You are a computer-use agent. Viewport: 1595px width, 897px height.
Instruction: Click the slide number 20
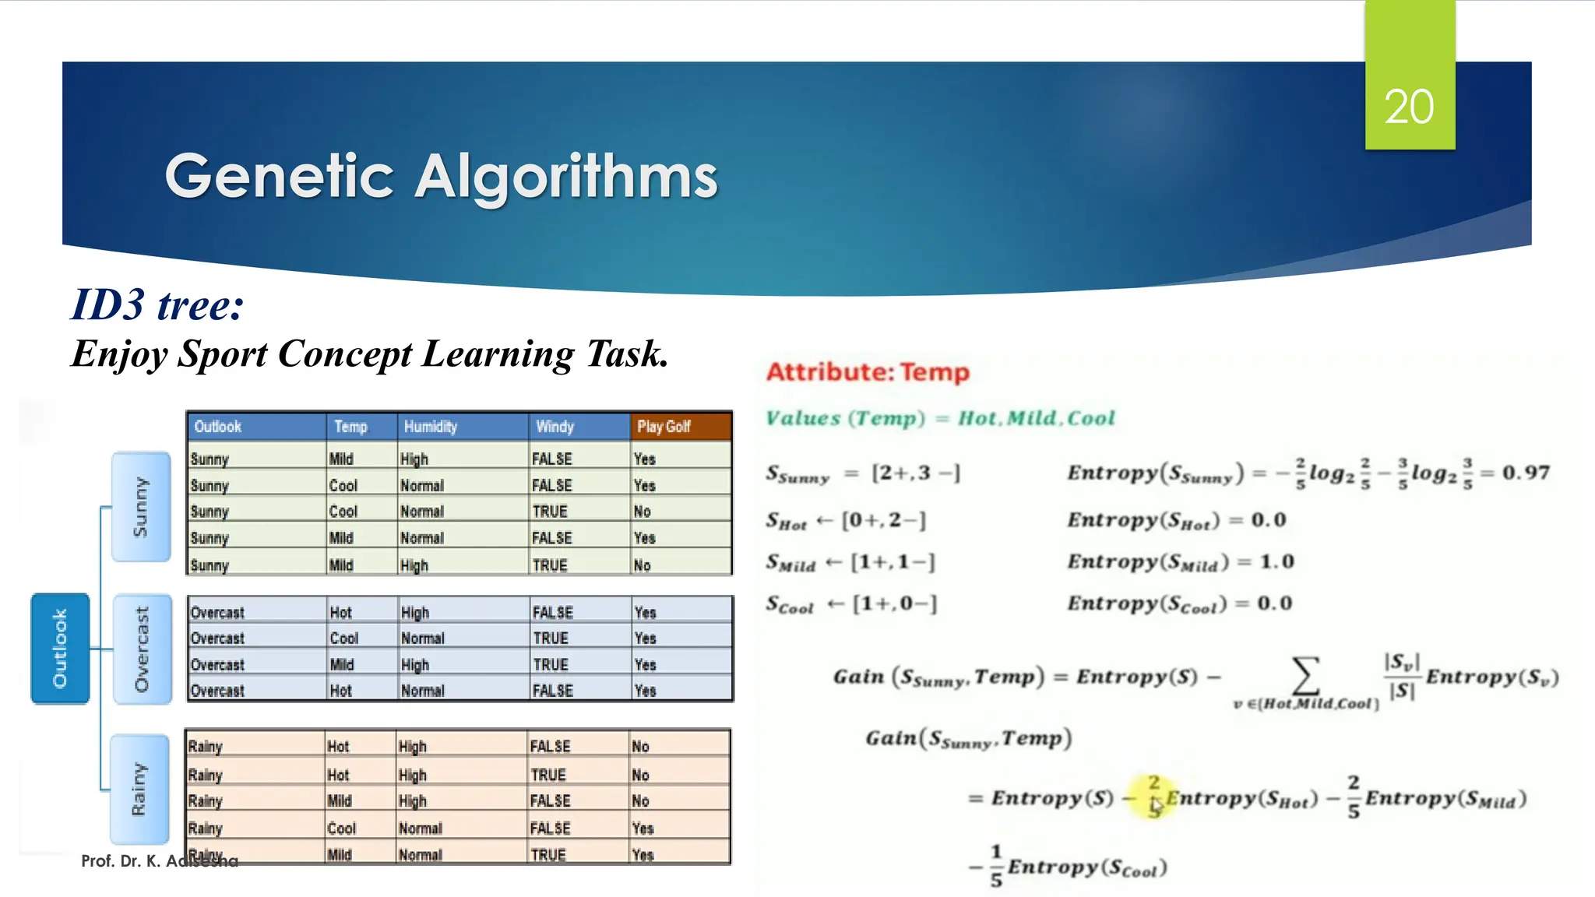coord(1409,107)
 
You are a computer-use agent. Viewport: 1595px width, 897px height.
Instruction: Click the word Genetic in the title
coord(280,177)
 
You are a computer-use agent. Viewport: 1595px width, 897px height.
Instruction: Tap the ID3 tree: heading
coord(157,304)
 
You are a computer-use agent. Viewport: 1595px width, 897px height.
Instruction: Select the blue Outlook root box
coord(60,648)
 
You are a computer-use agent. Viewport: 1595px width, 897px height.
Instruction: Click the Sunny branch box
coord(141,506)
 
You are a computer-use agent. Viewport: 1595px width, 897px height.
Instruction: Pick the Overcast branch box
coord(142,649)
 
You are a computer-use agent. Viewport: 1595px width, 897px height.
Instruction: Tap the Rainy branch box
coord(139,789)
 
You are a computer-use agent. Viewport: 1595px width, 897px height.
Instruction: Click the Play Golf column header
coord(664,427)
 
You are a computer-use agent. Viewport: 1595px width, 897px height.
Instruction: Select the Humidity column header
coord(430,427)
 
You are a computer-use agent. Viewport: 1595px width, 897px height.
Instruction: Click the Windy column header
coord(555,427)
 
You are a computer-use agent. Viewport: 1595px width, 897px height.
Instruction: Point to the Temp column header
coord(350,427)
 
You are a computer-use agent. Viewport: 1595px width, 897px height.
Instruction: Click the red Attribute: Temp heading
coord(868,372)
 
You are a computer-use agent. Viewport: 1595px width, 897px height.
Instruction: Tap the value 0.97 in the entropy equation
coord(1526,473)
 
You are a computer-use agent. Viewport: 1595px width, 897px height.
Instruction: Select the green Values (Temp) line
coord(940,418)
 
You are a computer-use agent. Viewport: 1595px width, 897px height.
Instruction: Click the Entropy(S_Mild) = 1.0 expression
coord(1180,562)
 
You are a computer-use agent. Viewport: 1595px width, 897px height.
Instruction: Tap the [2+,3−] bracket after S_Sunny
coord(916,473)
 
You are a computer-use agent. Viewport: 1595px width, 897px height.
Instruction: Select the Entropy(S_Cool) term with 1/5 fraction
coord(1078,867)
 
